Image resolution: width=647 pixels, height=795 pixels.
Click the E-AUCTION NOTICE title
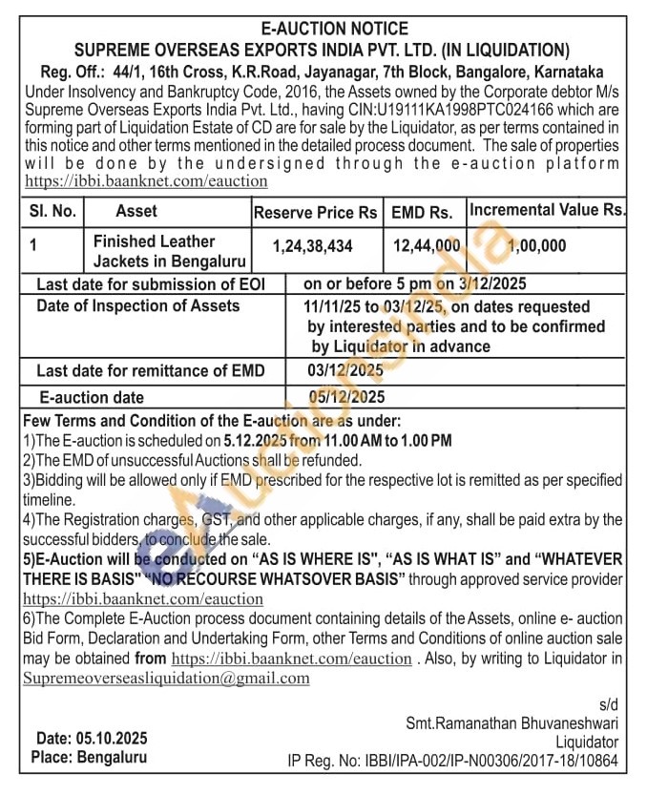coord(323,29)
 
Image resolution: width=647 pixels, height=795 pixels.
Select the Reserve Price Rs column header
coord(315,212)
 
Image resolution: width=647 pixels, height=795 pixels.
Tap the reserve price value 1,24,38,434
coord(312,246)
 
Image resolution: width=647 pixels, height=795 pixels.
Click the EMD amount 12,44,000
coord(427,246)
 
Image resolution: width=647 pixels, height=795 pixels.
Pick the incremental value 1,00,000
coord(536,246)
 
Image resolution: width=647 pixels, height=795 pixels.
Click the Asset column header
coord(136,211)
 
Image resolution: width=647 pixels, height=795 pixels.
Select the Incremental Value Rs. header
coord(548,208)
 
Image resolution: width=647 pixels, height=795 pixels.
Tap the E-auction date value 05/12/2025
coord(346,397)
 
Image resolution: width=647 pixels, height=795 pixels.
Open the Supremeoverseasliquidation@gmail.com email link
coord(167,678)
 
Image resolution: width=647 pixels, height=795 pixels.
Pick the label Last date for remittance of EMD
coord(150,370)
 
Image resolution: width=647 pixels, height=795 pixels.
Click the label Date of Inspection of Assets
coord(137,306)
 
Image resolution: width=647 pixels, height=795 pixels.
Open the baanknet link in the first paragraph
coord(146,180)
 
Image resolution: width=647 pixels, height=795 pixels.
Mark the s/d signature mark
coord(607,703)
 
